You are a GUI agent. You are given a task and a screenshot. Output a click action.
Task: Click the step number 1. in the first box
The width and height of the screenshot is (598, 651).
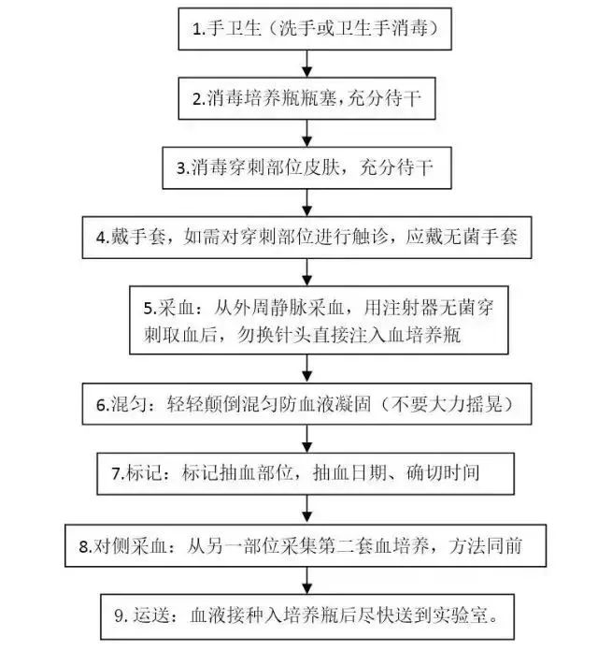199,29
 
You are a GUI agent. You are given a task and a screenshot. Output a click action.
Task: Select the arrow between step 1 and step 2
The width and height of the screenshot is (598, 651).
306,64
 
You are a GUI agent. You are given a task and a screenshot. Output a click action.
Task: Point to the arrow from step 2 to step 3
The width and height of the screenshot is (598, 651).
306,133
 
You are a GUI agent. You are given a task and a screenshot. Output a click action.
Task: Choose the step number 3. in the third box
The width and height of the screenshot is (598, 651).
183,168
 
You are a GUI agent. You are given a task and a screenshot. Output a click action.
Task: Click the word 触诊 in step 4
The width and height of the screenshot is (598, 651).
370,237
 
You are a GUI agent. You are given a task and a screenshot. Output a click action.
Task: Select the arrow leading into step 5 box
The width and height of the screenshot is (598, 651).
306,272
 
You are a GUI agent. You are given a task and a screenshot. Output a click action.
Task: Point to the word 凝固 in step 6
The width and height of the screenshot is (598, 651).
353,404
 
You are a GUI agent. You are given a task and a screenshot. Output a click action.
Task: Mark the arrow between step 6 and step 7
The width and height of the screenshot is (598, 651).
306,439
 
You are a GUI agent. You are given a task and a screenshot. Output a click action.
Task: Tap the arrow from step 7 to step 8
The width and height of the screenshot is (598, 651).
306,509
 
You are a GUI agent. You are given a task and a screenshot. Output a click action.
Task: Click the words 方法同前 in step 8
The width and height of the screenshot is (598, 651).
485,546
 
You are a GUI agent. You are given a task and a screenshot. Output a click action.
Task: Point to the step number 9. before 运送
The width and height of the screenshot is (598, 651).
121,615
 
